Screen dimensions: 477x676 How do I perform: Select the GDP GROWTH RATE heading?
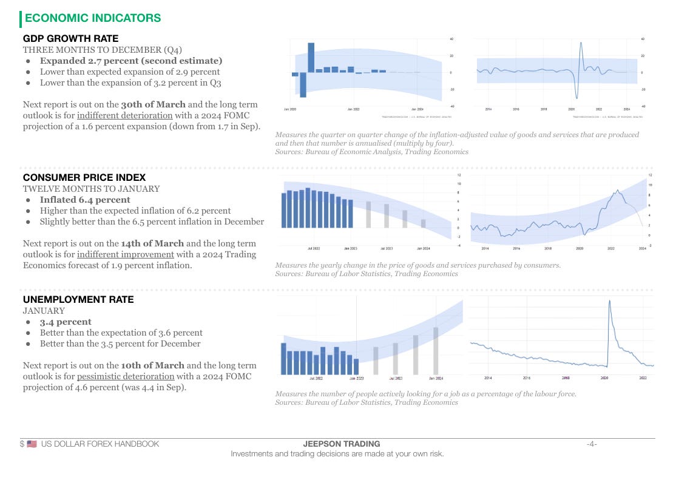click(x=70, y=39)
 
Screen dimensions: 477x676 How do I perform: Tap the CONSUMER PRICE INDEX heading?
click(x=84, y=177)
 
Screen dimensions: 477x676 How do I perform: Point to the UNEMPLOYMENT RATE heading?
click(x=78, y=299)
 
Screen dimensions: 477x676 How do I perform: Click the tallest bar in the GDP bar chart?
click(x=311, y=57)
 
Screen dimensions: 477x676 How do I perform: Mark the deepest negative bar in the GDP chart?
click(x=303, y=84)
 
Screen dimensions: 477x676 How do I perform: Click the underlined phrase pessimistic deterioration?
click(x=126, y=376)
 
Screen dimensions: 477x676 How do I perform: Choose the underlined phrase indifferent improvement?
click(x=126, y=254)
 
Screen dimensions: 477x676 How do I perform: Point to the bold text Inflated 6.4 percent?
click(x=85, y=200)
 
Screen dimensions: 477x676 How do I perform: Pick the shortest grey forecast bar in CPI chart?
click(x=424, y=223)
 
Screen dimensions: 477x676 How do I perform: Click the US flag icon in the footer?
click(x=32, y=444)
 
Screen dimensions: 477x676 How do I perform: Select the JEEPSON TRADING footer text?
click(x=337, y=444)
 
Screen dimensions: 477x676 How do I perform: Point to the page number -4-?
click(x=592, y=444)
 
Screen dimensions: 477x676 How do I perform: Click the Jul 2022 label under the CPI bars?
click(x=314, y=248)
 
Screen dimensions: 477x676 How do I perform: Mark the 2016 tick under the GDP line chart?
click(x=516, y=109)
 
